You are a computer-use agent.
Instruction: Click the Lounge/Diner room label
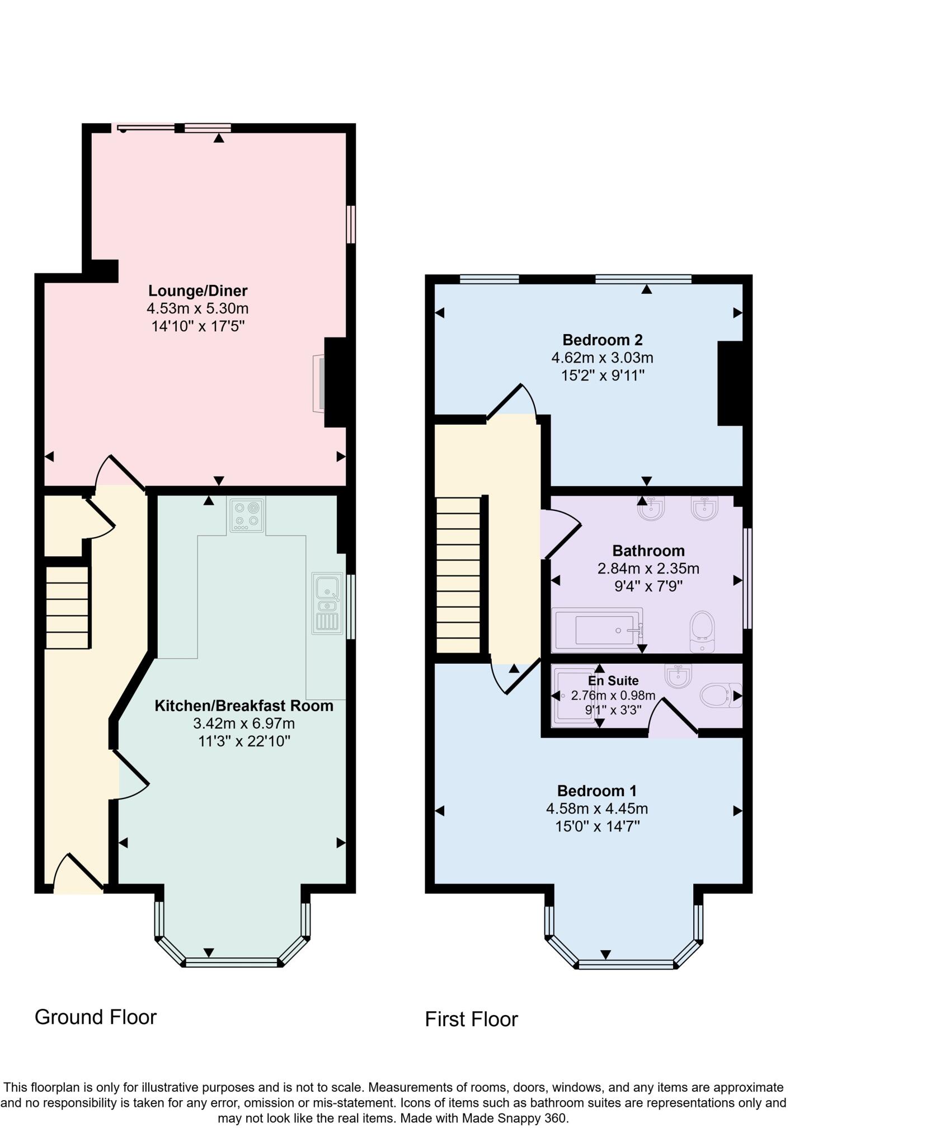pyautogui.click(x=197, y=290)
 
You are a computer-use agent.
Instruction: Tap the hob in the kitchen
pyautogui.click(x=247, y=514)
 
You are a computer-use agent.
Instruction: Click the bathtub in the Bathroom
pyautogui.click(x=597, y=630)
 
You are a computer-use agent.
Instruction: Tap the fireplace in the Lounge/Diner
pyautogui.click(x=319, y=383)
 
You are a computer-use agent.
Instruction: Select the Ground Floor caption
pyautogui.click(x=96, y=1017)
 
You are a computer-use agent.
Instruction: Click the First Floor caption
pyautogui.click(x=471, y=1019)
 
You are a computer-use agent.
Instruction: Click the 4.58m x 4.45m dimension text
pyautogui.click(x=596, y=808)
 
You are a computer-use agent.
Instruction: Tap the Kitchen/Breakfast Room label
pyautogui.click(x=243, y=706)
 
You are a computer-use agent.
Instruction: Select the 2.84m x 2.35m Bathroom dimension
pyautogui.click(x=648, y=569)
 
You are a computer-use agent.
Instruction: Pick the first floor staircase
pyautogui.click(x=458, y=575)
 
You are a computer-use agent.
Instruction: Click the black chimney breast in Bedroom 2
pyautogui.click(x=730, y=383)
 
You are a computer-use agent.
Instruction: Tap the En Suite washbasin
pyautogui.click(x=678, y=675)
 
